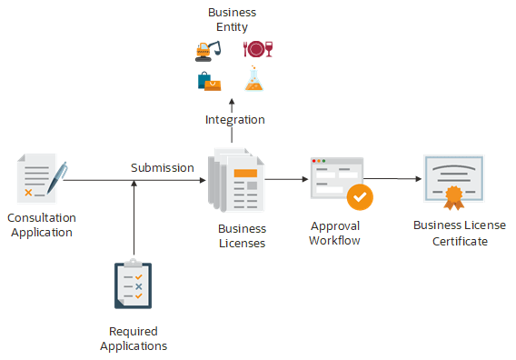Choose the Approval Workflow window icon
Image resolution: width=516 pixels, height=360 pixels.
coord(337,177)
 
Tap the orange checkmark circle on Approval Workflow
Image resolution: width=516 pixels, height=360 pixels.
coord(360,196)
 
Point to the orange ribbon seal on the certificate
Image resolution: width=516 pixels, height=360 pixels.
coord(453,196)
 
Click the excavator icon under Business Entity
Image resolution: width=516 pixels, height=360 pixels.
coord(208,49)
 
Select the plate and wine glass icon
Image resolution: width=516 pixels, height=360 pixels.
coord(257,49)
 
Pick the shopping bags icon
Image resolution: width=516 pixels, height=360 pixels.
coord(209,81)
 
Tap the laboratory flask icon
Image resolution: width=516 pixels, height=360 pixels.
coord(255,81)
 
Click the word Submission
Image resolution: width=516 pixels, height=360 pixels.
coord(163,167)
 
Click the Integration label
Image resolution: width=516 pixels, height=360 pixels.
coord(234,119)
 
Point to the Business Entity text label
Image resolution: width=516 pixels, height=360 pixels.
coord(232,20)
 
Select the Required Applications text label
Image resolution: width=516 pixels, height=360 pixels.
coord(134,338)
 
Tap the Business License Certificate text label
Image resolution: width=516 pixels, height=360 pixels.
coord(459,233)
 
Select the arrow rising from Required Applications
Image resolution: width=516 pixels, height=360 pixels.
coord(134,218)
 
